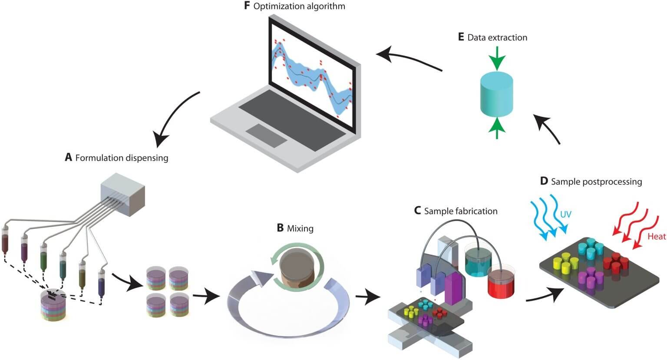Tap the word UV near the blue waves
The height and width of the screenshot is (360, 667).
coord(566,214)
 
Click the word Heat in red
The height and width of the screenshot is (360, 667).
coord(656,236)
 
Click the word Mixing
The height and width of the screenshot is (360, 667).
coord(300,228)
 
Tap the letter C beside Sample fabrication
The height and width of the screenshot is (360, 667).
coord(417,211)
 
